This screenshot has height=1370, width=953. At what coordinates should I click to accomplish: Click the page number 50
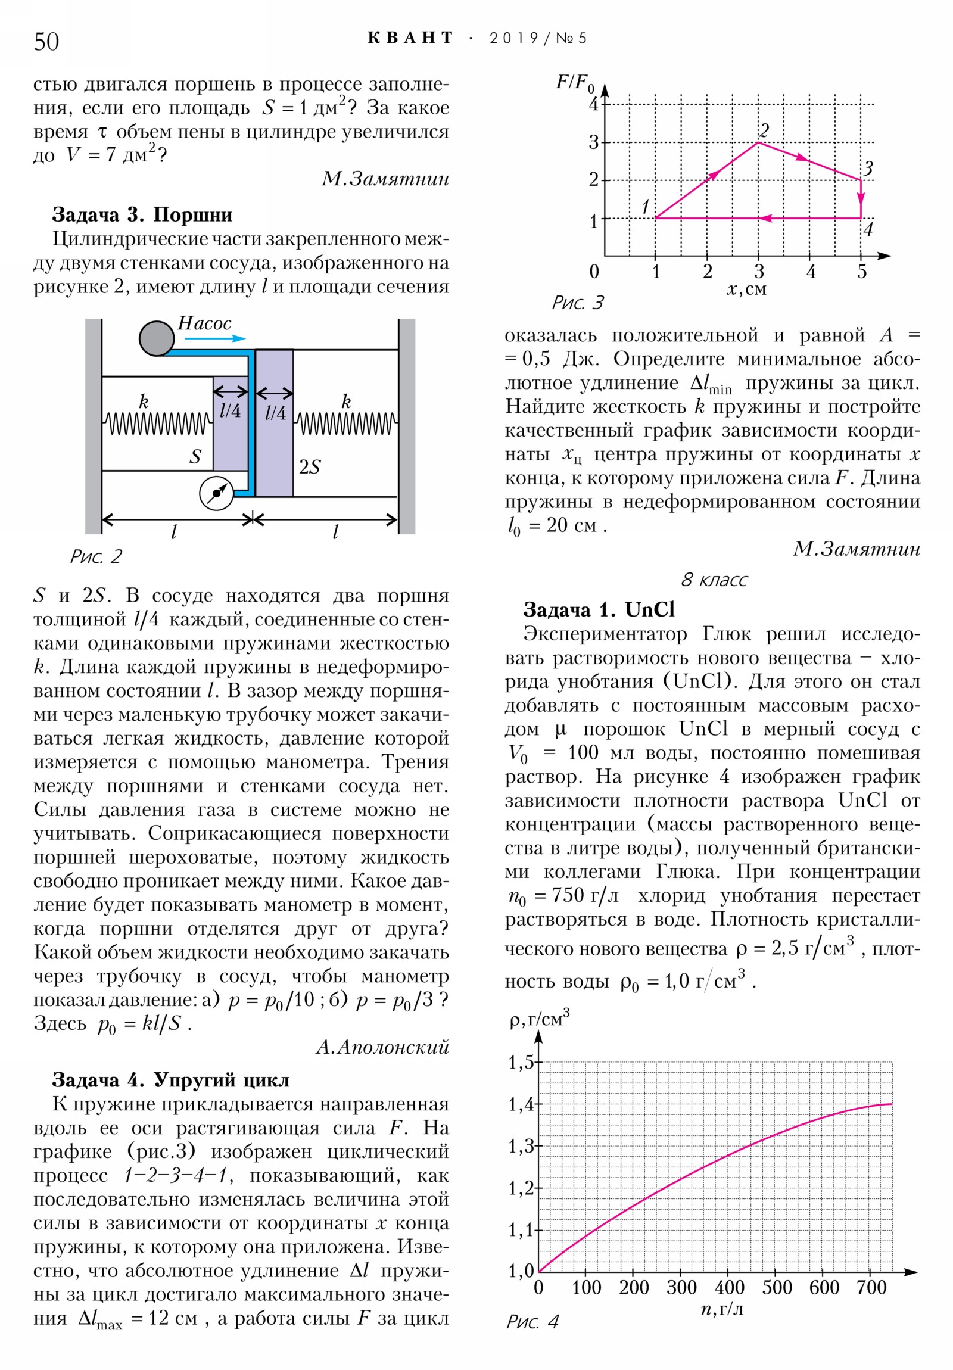click(46, 42)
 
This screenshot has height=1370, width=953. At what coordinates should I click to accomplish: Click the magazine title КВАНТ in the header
click(410, 38)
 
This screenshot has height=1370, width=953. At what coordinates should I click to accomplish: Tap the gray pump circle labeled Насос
click(156, 338)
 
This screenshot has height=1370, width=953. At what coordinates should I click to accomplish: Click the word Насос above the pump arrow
click(204, 323)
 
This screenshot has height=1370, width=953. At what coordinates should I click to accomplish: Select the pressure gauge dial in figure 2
click(216, 493)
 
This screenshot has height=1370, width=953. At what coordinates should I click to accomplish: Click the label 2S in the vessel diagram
click(310, 467)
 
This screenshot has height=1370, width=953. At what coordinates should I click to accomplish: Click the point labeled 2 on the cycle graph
click(758, 142)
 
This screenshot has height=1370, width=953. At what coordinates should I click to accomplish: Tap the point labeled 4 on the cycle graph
click(861, 219)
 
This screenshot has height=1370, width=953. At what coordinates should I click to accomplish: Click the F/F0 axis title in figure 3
click(575, 83)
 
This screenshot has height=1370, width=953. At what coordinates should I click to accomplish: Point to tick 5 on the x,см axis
click(862, 272)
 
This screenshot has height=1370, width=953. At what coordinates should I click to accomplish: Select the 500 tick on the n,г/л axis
click(776, 1288)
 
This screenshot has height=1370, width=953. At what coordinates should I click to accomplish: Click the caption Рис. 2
click(96, 556)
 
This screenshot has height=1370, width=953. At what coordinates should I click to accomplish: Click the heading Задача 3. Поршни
click(142, 214)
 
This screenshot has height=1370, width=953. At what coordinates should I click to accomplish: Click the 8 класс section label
click(714, 580)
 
